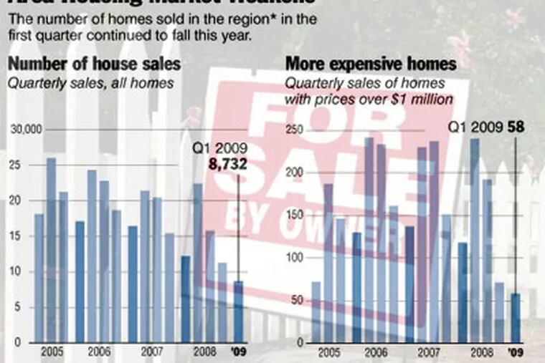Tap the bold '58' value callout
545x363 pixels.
(516, 128)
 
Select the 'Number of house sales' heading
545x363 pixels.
(93, 64)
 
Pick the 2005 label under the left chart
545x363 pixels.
(50, 352)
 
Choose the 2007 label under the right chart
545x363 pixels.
(428, 352)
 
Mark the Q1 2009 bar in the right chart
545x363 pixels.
(516, 318)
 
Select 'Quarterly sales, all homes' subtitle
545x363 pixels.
(90, 83)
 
